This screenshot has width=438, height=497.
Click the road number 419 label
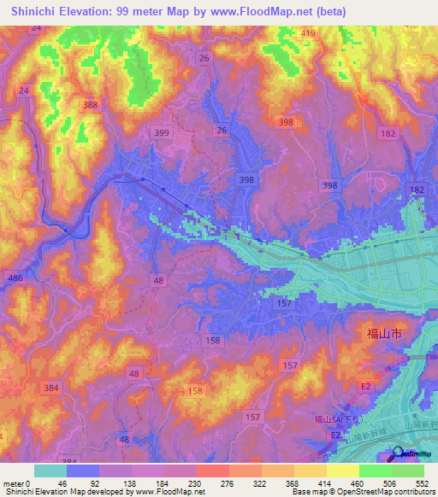[x=308, y=33]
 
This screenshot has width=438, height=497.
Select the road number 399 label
[x=159, y=133]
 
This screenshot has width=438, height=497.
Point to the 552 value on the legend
[x=423, y=482]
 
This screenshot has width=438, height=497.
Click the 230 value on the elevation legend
[x=195, y=482]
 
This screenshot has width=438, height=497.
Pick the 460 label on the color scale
[x=358, y=482]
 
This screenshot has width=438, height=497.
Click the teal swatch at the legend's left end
[x=50, y=471]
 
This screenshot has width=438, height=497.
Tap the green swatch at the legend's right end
[x=408, y=471]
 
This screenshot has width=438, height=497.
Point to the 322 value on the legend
[x=260, y=482]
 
